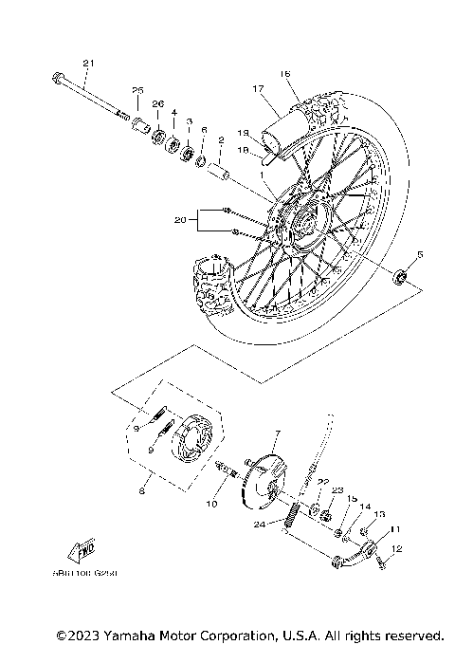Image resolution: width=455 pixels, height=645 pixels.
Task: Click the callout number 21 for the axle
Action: coord(88,64)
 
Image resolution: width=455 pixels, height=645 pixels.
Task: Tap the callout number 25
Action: coord(136,90)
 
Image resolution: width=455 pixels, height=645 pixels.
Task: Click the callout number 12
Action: coord(397,548)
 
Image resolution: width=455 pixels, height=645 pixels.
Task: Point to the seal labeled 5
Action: coord(401,277)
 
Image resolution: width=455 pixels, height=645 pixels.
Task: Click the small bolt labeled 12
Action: coord(381,562)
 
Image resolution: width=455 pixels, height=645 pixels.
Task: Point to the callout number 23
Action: coord(337,489)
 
